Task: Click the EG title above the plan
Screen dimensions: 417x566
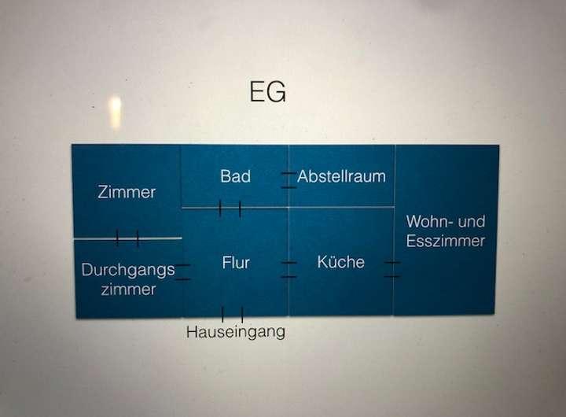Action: (x=267, y=92)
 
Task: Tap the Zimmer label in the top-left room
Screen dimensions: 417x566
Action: (x=127, y=192)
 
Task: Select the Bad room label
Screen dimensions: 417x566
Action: (x=235, y=176)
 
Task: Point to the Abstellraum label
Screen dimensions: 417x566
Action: (x=341, y=176)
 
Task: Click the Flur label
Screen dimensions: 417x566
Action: (x=236, y=263)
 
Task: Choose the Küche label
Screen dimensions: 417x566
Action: (x=341, y=262)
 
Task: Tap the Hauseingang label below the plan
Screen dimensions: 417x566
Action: (x=235, y=332)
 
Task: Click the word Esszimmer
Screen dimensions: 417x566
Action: (x=446, y=242)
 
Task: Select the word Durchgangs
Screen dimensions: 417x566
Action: (x=128, y=270)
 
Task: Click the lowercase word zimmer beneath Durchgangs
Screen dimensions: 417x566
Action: (x=128, y=290)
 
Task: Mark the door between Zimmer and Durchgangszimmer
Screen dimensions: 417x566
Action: (x=127, y=238)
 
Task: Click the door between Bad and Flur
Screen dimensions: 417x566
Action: (x=230, y=208)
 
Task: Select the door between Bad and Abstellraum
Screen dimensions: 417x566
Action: (x=289, y=179)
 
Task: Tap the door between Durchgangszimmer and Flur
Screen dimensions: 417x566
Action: (x=182, y=272)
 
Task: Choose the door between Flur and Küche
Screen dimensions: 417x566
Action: (x=289, y=269)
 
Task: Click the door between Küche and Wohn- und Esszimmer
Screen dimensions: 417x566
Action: (x=392, y=269)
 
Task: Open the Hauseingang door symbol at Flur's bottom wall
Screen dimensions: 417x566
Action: (x=232, y=314)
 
